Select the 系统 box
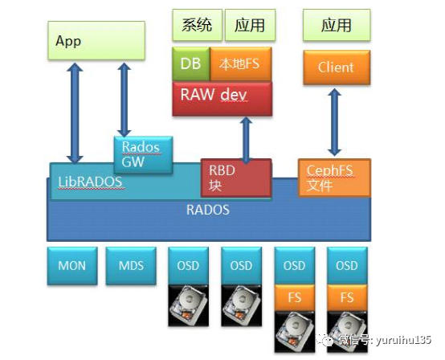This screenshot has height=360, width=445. [x=197, y=25]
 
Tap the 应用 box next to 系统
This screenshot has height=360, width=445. [x=249, y=25]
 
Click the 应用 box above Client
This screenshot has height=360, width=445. [x=336, y=25]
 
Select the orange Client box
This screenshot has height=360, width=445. [x=336, y=67]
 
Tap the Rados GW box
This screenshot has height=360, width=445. [x=141, y=154]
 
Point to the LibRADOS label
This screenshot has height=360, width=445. [x=90, y=182]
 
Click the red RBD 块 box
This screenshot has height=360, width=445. [x=235, y=177]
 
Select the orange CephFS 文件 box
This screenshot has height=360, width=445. [x=334, y=177]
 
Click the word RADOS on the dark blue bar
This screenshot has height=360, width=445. [x=207, y=211]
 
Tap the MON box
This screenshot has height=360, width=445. [x=71, y=266]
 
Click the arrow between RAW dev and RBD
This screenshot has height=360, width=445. [x=245, y=137]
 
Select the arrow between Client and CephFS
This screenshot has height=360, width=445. [x=335, y=121]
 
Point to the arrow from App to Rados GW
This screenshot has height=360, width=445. [x=124, y=99]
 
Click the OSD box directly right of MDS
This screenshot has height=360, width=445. [x=188, y=265]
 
